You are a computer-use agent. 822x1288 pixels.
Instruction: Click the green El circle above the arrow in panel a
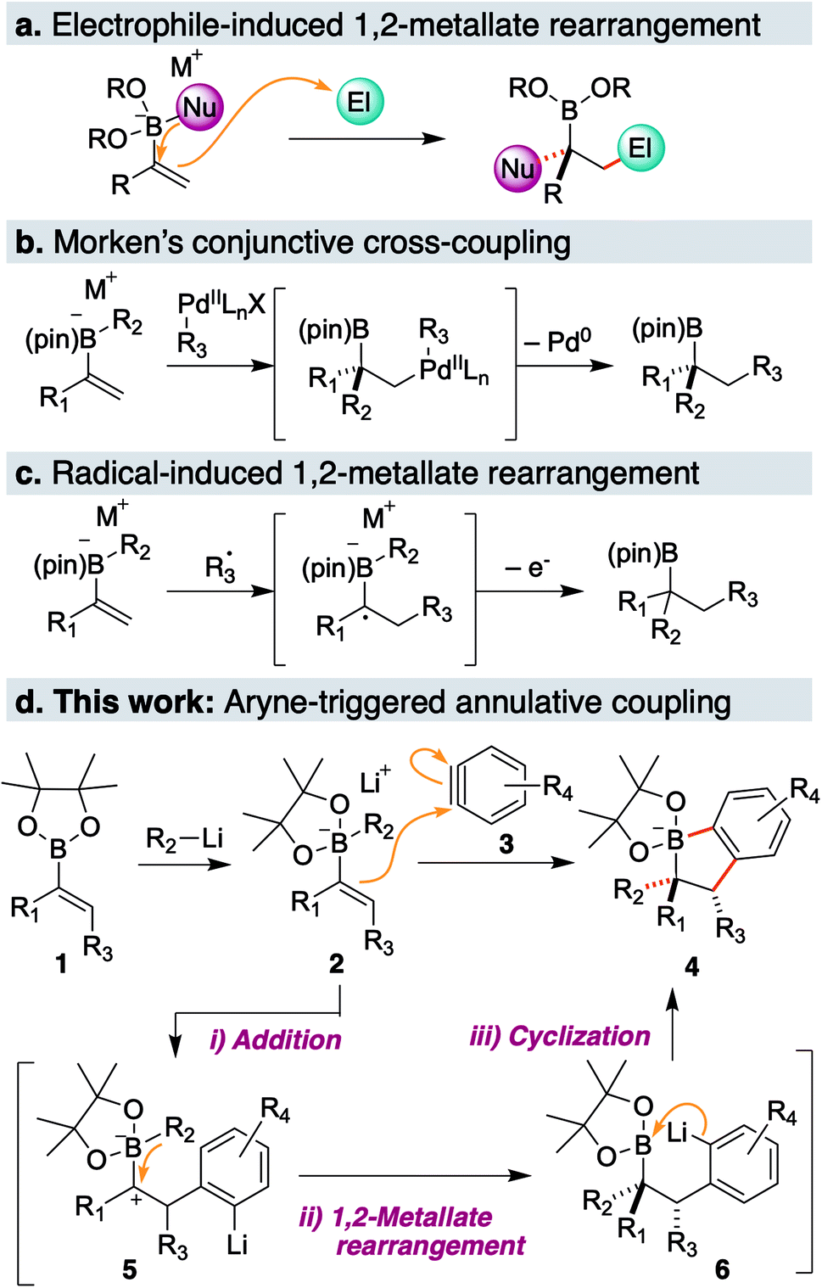tap(360, 102)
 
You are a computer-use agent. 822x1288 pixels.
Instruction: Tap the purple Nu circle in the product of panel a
tap(517, 168)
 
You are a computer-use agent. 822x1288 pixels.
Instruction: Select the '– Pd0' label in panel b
tap(557, 341)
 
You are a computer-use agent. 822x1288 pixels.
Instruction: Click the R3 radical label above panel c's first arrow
tap(221, 567)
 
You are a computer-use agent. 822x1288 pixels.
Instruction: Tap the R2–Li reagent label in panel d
tap(184, 839)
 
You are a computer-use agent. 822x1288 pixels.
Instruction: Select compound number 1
tap(61, 964)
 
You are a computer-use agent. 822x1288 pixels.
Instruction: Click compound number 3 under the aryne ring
tap(506, 844)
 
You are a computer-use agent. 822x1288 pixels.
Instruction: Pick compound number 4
tap(692, 966)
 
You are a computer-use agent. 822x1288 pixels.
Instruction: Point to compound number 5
tap(129, 1269)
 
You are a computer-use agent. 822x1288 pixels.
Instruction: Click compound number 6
tap(722, 1269)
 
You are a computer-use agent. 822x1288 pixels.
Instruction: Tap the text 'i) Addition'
tap(276, 1039)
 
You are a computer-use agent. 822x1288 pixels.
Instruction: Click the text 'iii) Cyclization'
tap(560, 1036)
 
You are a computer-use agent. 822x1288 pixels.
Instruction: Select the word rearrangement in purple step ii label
tap(431, 1246)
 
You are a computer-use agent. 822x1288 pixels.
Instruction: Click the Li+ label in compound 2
tap(375, 780)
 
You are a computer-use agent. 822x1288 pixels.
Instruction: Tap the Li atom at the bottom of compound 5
tap(237, 1245)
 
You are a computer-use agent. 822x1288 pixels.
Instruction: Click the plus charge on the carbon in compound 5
tap(136, 1200)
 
